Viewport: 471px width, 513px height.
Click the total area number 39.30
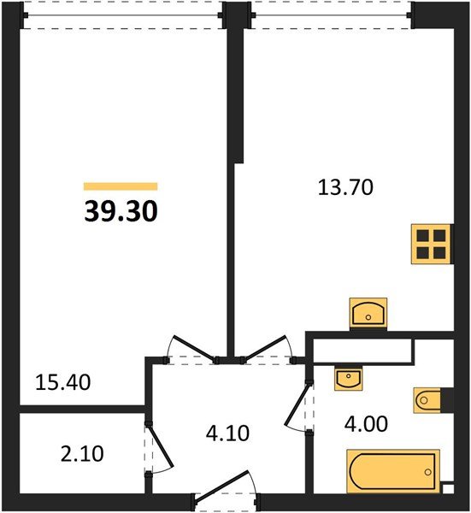click(x=121, y=211)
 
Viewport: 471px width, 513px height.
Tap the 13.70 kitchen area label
click(x=345, y=188)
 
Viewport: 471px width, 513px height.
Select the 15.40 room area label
click(x=62, y=382)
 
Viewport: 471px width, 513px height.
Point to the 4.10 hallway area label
click(x=227, y=433)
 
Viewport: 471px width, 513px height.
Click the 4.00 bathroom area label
click(x=366, y=424)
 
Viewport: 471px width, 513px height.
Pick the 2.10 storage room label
click(x=82, y=454)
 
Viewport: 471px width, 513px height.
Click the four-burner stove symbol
click(x=431, y=244)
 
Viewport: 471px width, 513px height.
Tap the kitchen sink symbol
click(x=368, y=313)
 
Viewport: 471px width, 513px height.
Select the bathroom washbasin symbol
click(x=349, y=379)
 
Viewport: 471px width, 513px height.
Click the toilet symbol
click(x=427, y=400)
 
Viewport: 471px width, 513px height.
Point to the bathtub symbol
click(x=393, y=471)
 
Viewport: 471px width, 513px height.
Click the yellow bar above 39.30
click(x=121, y=186)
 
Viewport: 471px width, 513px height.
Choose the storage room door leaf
click(x=161, y=445)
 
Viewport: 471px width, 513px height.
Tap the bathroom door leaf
click(x=297, y=404)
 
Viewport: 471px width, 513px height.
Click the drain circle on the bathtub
click(x=427, y=472)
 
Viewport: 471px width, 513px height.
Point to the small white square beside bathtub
click(x=448, y=488)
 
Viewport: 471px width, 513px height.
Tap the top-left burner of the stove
click(x=423, y=235)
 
